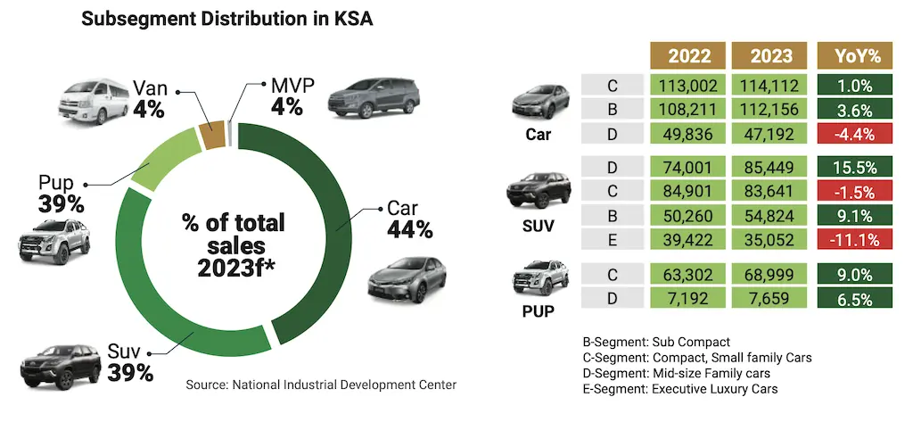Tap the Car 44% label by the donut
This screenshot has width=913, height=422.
[409, 219]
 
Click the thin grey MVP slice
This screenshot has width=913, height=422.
[230, 131]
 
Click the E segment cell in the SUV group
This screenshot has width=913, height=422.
[613, 238]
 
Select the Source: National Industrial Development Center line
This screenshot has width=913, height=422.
[321, 385]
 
